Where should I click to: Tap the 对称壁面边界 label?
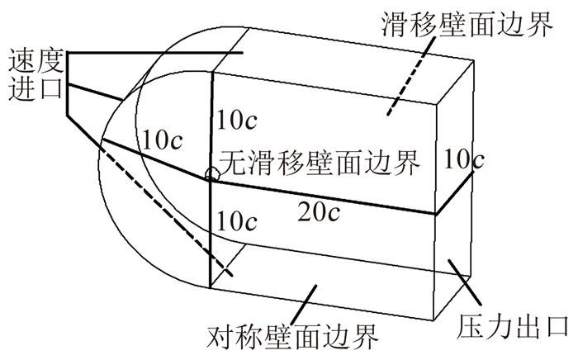[294, 337]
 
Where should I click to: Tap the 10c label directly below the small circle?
[237, 221]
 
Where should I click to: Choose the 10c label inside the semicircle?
[162, 138]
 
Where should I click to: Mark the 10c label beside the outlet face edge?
[461, 159]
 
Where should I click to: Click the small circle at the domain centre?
[212, 174]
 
